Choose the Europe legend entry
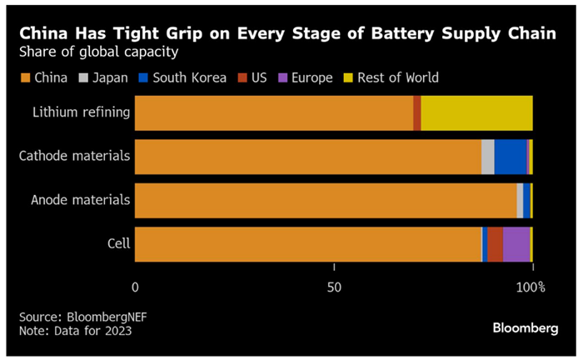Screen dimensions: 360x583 306,78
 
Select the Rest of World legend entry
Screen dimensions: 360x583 391,78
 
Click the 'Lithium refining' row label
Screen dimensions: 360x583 81,113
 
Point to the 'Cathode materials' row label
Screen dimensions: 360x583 75,156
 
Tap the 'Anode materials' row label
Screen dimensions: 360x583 80,200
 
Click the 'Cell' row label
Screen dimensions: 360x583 117,243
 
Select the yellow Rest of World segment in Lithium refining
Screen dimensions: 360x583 476,113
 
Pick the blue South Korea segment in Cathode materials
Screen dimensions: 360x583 511,157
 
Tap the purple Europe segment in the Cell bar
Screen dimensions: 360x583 516,243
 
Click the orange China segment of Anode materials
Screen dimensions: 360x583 325,200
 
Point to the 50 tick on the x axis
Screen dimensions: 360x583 334,288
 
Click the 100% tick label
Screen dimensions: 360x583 531,288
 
